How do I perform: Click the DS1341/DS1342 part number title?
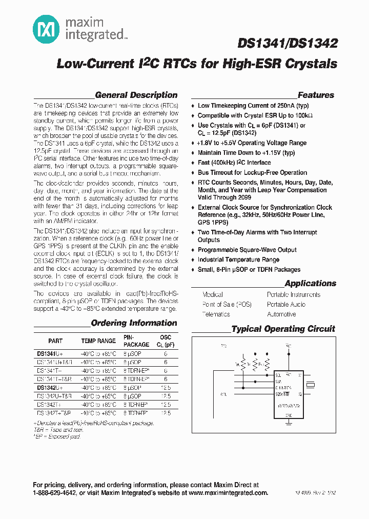point(294,44)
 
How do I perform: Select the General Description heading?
point(136,95)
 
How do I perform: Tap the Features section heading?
point(316,95)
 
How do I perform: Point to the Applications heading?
point(310,283)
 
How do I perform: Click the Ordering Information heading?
point(134,323)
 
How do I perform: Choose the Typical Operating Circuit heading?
point(283,329)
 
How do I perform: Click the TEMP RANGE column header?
point(98,341)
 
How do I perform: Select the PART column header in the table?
point(55,341)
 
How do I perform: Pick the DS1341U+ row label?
point(50,353)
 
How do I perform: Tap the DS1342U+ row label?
point(50,388)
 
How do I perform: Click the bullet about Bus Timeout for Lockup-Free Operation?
point(252,173)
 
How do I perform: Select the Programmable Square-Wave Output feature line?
point(247,250)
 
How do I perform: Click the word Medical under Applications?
point(213,294)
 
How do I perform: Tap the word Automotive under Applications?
point(281,314)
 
